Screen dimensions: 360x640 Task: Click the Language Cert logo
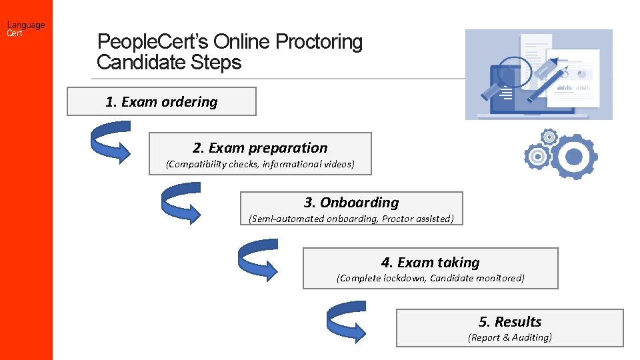(x=26, y=29)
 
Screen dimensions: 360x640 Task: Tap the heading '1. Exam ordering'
(x=161, y=102)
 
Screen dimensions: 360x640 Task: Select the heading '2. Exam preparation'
(x=260, y=148)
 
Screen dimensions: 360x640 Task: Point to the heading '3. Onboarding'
(x=351, y=203)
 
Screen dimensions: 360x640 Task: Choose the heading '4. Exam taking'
(x=430, y=263)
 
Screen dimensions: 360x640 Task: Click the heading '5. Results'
(x=510, y=322)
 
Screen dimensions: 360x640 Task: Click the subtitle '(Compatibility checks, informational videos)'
(x=260, y=164)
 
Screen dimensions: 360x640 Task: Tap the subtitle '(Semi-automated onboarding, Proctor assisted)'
(x=351, y=219)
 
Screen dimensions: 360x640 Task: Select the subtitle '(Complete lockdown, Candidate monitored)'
(x=430, y=278)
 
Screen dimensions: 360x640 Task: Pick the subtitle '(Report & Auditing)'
(x=510, y=337)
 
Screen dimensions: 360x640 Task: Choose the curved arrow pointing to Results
(x=345, y=319)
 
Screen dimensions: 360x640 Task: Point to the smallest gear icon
(x=549, y=137)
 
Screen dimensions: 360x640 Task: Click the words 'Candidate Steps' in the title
(x=169, y=63)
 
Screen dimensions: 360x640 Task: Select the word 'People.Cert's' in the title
(x=153, y=42)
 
